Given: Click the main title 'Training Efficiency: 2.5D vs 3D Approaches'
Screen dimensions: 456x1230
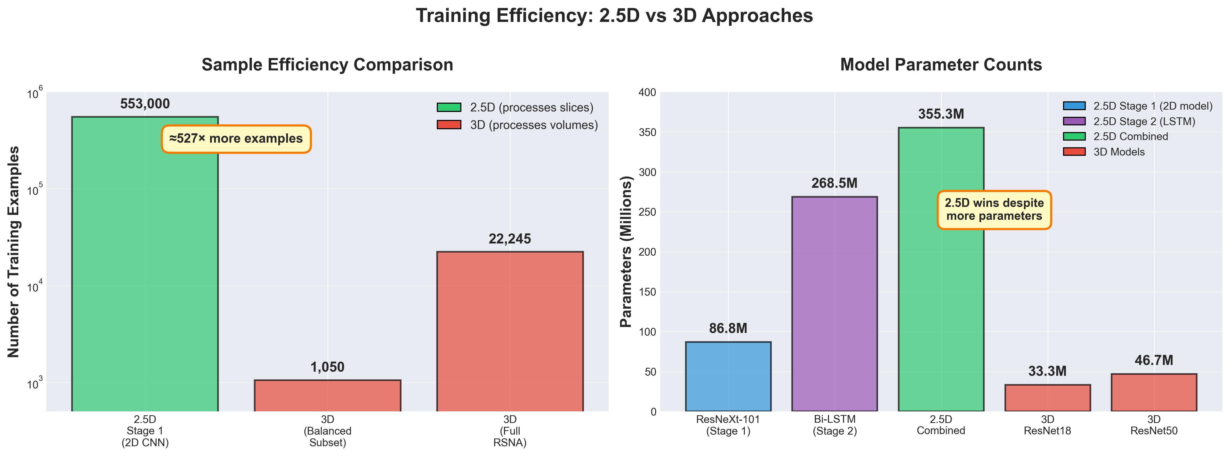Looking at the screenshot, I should [x=614, y=16].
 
